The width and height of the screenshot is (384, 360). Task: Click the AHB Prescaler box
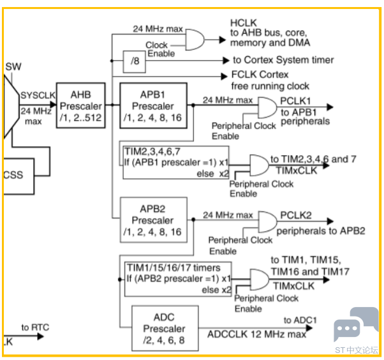(x=80, y=105)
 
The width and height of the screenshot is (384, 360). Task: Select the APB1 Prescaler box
(x=152, y=105)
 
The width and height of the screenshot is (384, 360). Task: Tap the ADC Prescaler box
(x=163, y=329)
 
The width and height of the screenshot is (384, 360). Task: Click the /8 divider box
(x=134, y=61)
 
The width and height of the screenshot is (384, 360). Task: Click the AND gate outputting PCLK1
(x=267, y=108)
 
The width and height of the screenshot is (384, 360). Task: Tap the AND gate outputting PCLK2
(x=267, y=221)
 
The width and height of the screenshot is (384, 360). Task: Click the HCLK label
(x=243, y=23)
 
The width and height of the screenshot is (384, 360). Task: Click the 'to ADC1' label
(x=300, y=320)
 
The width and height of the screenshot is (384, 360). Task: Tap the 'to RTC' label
(x=35, y=327)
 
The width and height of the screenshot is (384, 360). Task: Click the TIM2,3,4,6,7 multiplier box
(x=175, y=162)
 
